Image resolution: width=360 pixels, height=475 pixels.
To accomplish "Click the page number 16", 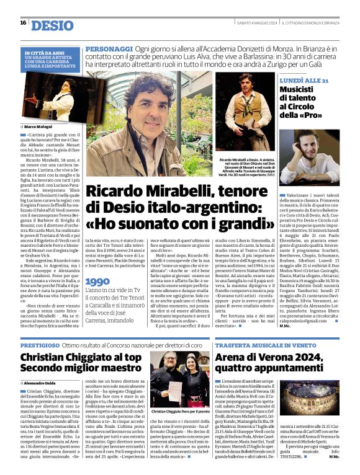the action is (x=23, y=22).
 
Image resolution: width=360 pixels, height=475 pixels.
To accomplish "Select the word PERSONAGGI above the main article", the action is (x=109, y=48).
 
